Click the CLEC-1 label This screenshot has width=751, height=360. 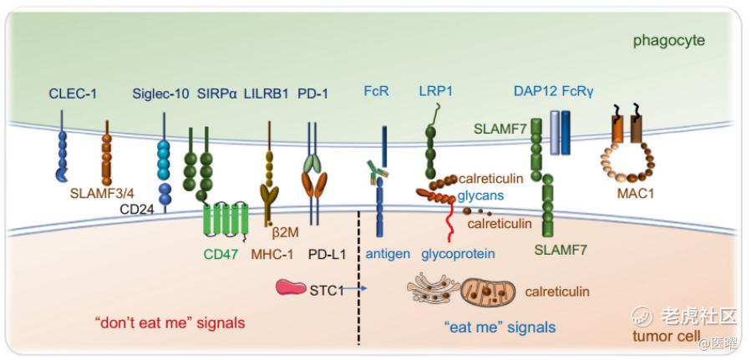pyautogui.click(x=72, y=94)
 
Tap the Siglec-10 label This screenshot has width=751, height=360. pyautogui.click(x=161, y=94)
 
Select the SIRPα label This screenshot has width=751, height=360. pyautogui.click(x=218, y=94)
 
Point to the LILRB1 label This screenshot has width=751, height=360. pyautogui.click(x=267, y=94)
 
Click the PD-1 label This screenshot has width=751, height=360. pyautogui.click(x=313, y=94)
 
